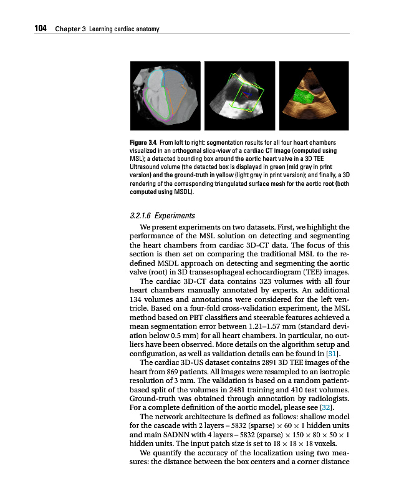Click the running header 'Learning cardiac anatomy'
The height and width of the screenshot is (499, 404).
tap(124, 29)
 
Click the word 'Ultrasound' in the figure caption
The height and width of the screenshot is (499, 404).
tap(145, 167)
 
